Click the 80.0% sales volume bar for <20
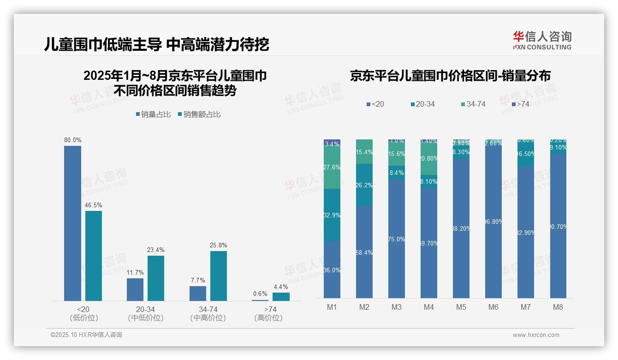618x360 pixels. (72, 223)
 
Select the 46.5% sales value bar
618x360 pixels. (94, 256)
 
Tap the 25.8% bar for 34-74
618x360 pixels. (219, 276)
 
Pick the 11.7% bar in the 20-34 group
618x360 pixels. (135, 289)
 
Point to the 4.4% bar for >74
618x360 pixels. (281, 296)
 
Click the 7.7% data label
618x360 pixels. (197, 280)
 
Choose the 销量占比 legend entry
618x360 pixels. (153, 114)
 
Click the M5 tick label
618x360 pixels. (461, 307)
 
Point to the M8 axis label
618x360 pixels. (558, 307)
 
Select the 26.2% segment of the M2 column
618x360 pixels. (364, 185)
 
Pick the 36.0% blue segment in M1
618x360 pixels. (332, 270)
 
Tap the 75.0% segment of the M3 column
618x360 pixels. (397, 239)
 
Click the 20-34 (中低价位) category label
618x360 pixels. (145, 313)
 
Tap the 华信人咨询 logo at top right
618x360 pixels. (542, 40)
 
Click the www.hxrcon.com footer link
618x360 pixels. (535, 335)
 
